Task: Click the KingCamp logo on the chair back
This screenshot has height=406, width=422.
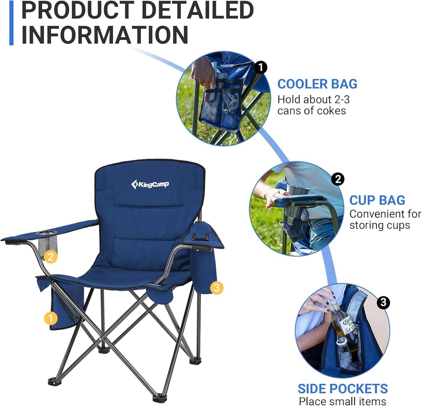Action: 150,184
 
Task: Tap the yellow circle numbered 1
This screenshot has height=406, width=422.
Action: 51,318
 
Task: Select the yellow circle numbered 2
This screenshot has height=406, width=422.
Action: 51,257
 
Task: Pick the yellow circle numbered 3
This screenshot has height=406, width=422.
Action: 216,288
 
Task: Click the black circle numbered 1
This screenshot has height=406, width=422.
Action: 261,68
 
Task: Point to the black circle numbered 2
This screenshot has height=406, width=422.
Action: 338,179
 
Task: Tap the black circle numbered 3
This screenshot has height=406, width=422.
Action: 383,303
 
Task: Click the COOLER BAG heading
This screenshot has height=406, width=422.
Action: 317,84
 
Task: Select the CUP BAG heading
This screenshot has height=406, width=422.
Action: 377,200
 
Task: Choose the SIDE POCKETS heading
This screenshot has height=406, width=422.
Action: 343,389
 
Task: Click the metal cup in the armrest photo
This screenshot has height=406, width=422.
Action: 297,189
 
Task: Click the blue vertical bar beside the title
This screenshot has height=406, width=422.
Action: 11,23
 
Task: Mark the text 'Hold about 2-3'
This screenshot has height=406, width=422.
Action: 313,99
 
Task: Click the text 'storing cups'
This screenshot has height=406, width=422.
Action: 380,226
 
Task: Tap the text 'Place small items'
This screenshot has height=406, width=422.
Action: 342,401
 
